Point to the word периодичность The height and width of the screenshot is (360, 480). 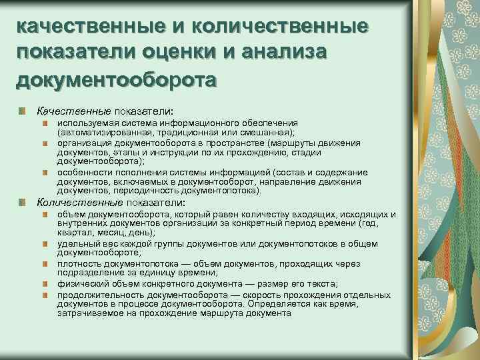pos(135,190)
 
